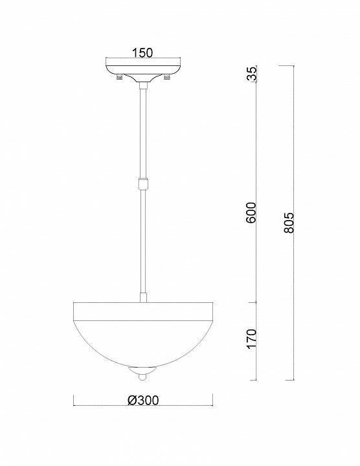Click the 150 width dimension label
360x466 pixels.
coord(142,53)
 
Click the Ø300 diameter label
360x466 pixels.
coord(142,400)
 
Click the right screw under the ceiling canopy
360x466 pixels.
coord(168,79)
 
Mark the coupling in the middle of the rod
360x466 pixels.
coord(142,183)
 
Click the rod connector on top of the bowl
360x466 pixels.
coord(142,298)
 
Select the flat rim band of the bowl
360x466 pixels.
coord(142,312)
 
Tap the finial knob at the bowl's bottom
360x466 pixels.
coord(142,373)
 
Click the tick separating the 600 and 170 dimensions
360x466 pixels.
coord(258,302)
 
